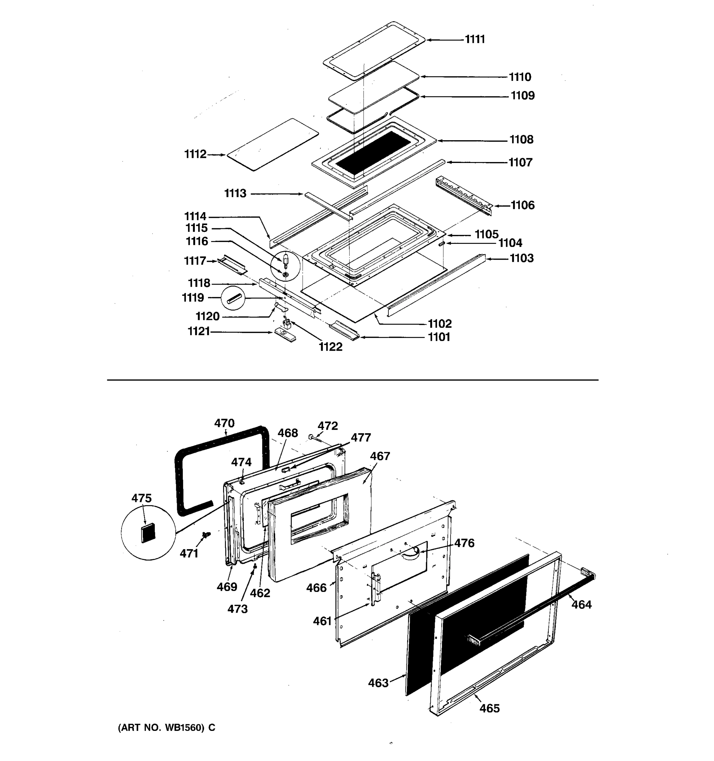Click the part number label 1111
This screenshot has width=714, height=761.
pyautogui.click(x=475, y=39)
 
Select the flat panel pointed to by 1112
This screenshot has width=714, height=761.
pyautogui.click(x=272, y=145)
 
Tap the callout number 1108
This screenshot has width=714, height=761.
pyautogui.click(x=521, y=140)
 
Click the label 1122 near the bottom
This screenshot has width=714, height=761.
pyautogui.click(x=330, y=347)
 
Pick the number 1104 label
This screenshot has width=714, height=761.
pyautogui.click(x=510, y=243)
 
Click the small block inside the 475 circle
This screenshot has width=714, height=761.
pyautogui.click(x=148, y=532)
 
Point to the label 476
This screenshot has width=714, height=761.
pyautogui.click(x=464, y=543)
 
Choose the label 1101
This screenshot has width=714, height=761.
pyautogui.click(x=439, y=337)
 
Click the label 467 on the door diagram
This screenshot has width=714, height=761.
pyautogui.click(x=380, y=456)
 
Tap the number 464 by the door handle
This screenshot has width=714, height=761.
pyautogui.click(x=581, y=604)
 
